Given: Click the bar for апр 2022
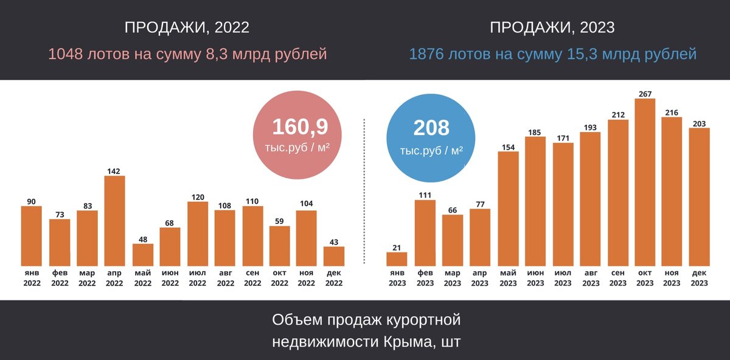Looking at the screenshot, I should (x=115, y=221).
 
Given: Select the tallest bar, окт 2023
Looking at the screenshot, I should (x=644, y=182).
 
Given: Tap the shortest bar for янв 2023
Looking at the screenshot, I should (x=397, y=259).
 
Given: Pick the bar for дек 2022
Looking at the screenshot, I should (x=334, y=256).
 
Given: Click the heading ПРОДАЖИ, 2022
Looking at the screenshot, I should (x=187, y=27).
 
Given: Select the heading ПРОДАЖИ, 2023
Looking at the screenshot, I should (x=552, y=27).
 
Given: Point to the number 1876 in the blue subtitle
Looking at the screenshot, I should (x=427, y=54).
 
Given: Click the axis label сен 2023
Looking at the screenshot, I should (x=617, y=278).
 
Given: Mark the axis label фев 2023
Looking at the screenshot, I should (x=425, y=278).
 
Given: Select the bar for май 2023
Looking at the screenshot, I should (x=508, y=209).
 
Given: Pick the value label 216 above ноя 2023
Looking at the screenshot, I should (x=672, y=112).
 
